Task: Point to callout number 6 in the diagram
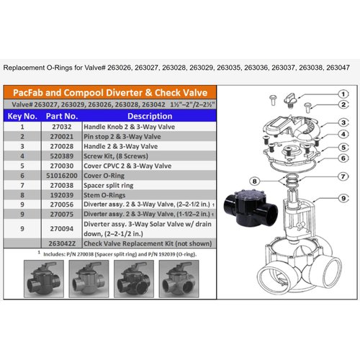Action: click(x=345, y=156)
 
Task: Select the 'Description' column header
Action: click(x=150, y=114)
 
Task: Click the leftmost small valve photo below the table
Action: click(x=42, y=277)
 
